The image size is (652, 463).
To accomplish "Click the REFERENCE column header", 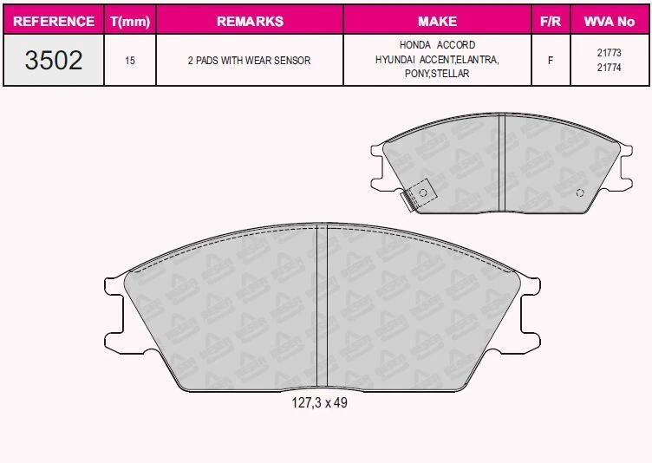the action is click(54, 21).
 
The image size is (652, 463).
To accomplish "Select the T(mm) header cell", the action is click(130, 21).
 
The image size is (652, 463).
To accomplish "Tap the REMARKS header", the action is click(250, 21).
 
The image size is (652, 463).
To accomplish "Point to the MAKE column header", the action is click(438, 21).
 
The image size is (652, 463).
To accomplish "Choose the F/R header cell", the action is click(551, 21).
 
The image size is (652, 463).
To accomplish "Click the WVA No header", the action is click(610, 21).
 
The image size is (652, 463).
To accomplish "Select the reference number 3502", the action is click(54, 60).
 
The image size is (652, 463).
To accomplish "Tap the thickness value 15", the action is click(130, 61).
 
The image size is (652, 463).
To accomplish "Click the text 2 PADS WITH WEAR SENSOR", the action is click(249, 61).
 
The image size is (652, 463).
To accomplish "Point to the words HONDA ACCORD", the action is click(438, 44).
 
